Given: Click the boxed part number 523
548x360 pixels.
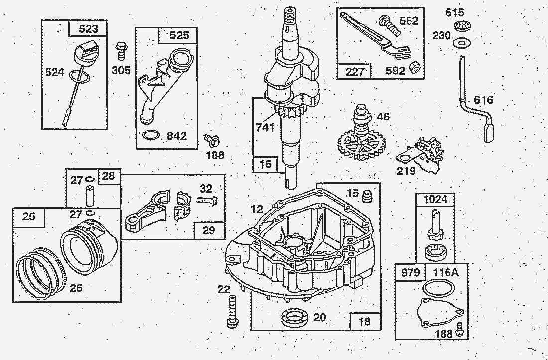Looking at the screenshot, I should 88,29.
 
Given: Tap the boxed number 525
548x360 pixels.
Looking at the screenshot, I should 179,36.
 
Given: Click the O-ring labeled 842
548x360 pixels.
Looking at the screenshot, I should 151,134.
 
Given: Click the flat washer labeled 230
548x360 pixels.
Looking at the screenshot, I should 460,43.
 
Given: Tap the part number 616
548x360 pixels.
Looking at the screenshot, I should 483,100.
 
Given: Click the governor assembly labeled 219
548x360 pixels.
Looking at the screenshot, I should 422,152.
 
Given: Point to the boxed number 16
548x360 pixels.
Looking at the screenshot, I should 266,164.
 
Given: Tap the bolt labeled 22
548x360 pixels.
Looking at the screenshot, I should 232,311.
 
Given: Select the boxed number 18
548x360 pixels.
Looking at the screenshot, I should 365,321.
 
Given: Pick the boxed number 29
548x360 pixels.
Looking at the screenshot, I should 209,230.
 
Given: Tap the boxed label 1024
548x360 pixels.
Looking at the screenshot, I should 434,199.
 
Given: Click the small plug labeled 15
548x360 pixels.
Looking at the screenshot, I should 368,196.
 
